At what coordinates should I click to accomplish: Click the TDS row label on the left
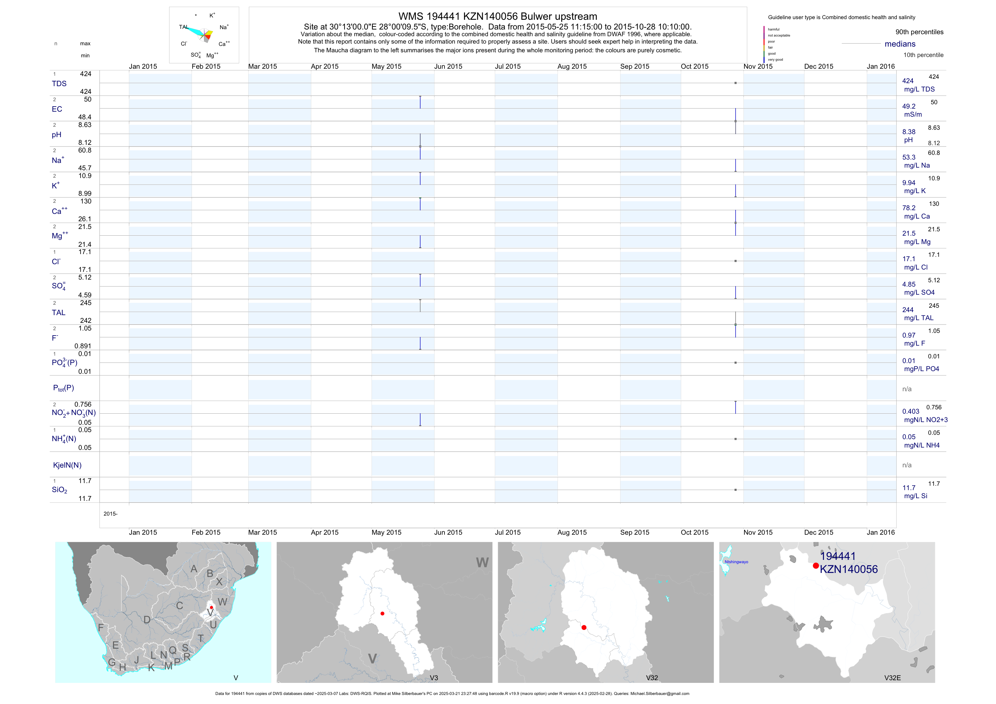tap(59, 84)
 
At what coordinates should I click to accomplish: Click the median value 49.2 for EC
tap(908, 106)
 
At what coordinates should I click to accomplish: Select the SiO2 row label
tap(59, 490)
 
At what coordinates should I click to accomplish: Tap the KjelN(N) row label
tap(67, 465)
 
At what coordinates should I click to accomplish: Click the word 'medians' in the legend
tap(900, 44)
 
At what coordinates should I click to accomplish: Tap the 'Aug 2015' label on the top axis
tap(572, 66)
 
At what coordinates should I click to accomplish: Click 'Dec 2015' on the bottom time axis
tap(819, 532)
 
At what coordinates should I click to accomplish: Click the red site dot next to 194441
tap(816, 566)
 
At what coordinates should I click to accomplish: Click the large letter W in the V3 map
tap(482, 563)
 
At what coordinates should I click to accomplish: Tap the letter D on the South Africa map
tap(147, 620)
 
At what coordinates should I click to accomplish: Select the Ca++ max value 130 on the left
tap(86, 201)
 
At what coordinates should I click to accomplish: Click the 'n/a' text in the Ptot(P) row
tap(907, 389)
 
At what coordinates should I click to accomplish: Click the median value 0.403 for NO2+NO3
tap(910, 411)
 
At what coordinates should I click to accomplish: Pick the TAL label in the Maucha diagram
tap(184, 27)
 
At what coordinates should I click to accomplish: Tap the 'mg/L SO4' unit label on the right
tap(919, 292)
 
